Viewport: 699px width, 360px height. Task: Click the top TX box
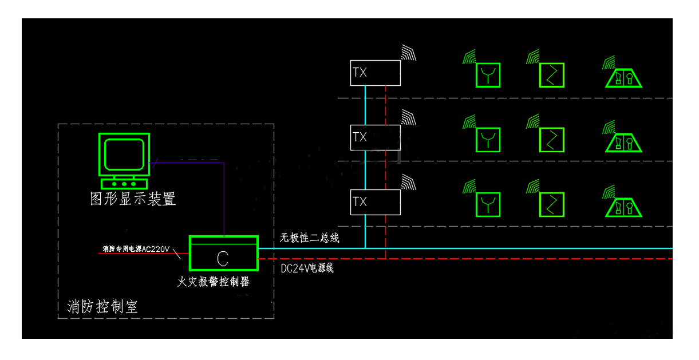375,73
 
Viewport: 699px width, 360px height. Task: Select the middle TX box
375,137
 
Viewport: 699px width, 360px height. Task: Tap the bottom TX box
375,202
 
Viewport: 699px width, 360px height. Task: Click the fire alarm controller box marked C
223,254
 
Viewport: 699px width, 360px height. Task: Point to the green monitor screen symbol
124,154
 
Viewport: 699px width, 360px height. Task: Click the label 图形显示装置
133,199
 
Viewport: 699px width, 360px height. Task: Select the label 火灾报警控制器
214,282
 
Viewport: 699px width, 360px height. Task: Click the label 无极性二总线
310,238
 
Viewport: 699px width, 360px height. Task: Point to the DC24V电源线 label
307,268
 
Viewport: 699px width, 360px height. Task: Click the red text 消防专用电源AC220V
136,249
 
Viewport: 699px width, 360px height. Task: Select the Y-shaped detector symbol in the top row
488,75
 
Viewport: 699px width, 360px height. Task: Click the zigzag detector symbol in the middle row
552,140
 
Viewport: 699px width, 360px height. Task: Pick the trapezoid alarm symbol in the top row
624,77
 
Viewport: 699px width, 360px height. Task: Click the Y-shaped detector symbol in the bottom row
488,204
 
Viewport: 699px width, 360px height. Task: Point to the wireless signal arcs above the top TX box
409,53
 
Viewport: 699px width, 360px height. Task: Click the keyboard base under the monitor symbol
124,184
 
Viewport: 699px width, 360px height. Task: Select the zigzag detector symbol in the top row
552,75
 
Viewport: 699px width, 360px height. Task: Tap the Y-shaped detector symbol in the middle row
488,140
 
